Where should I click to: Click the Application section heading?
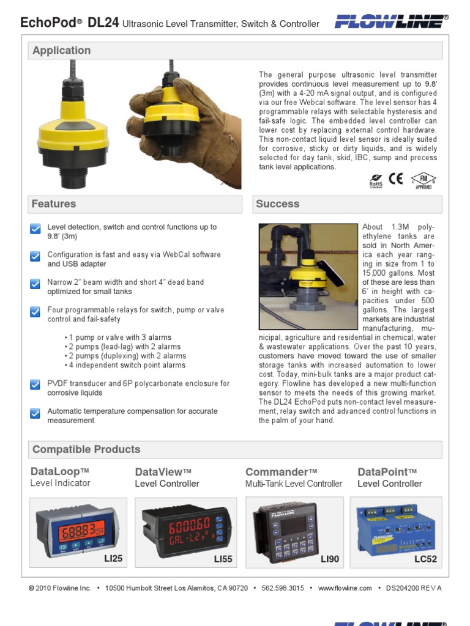click(x=61, y=51)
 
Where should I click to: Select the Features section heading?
click(x=54, y=204)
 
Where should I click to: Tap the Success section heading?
click(x=278, y=204)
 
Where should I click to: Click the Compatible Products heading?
click(x=86, y=449)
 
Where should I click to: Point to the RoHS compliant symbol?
click(x=376, y=181)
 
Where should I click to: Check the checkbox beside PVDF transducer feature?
click(x=35, y=385)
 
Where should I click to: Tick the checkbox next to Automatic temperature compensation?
click(x=35, y=413)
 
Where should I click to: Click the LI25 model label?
click(x=113, y=558)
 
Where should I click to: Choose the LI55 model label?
click(x=223, y=559)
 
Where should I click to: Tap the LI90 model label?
click(x=329, y=559)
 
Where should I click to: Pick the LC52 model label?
click(x=426, y=559)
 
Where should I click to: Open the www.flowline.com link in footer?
click(x=345, y=588)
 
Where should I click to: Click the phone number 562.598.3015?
click(x=283, y=588)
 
